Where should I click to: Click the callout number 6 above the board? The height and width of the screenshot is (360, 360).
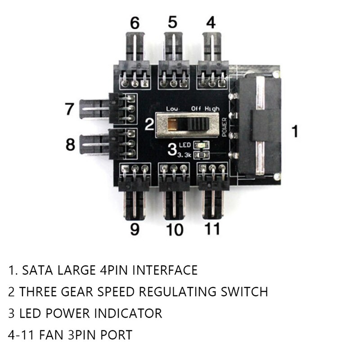[135, 22]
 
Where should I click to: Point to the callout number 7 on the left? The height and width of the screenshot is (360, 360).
[69, 109]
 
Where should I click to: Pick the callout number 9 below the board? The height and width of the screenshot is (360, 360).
[135, 229]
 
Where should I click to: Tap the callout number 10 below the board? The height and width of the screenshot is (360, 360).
[174, 229]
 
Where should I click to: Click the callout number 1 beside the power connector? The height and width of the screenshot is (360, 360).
[295, 131]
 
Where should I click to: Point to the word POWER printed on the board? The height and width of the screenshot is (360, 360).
[225, 126]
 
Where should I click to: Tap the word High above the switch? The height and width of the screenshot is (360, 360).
[212, 109]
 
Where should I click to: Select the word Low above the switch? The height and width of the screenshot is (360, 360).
[172, 109]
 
